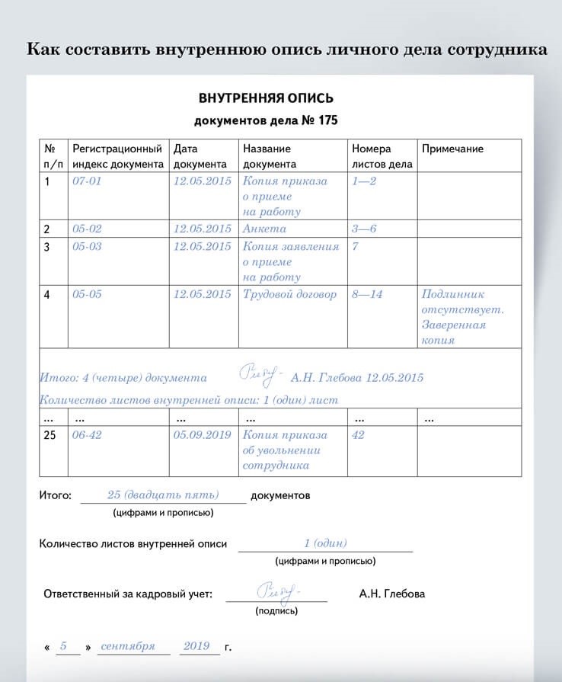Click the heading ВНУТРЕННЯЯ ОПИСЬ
click(266, 98)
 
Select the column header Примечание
click(452, 149)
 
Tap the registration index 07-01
click(86, 181)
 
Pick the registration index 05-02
click(86, 229)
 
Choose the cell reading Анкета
click(264, 229)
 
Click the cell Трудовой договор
click(289, 294)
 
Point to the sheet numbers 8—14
click(367, 294)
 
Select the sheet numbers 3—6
click(364, 229)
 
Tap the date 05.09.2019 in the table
click(202, 434)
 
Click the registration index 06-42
click(86, 434)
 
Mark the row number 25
click(51, 434)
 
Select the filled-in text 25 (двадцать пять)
click(163, 495)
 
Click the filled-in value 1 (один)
click(325, 543)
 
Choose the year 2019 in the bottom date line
click(196, 646)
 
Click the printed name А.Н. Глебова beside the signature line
click(392, 594)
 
